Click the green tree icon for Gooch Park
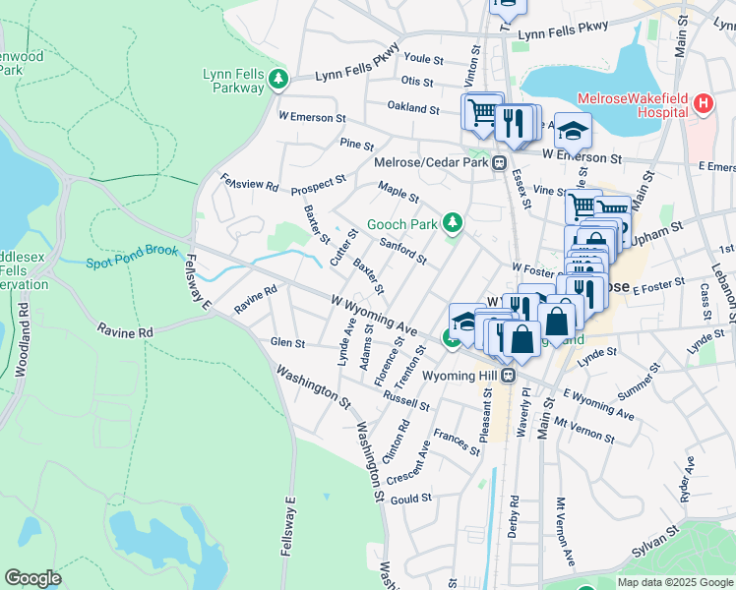click(x=452, y=224)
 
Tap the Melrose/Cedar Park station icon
click(x=500, y=163)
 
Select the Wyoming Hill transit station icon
click(x=508, y=376)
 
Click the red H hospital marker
click(x=703, y=103)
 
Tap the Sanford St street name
click(x=402, y=253)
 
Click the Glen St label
click(x=288, y=342)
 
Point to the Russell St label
click(x=406, y=400)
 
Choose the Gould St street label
click(x=412, y=499)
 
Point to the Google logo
click(x=32, y=578)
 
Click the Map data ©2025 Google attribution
click(x=674, y=582)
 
